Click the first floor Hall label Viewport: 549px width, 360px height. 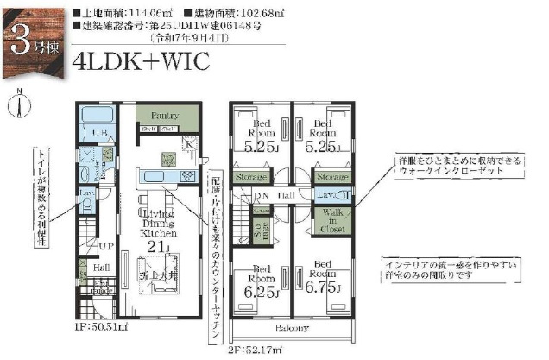(101, 269)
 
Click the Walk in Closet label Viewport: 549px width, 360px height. (332, 220)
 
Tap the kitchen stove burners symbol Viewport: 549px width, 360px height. (188, 176)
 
